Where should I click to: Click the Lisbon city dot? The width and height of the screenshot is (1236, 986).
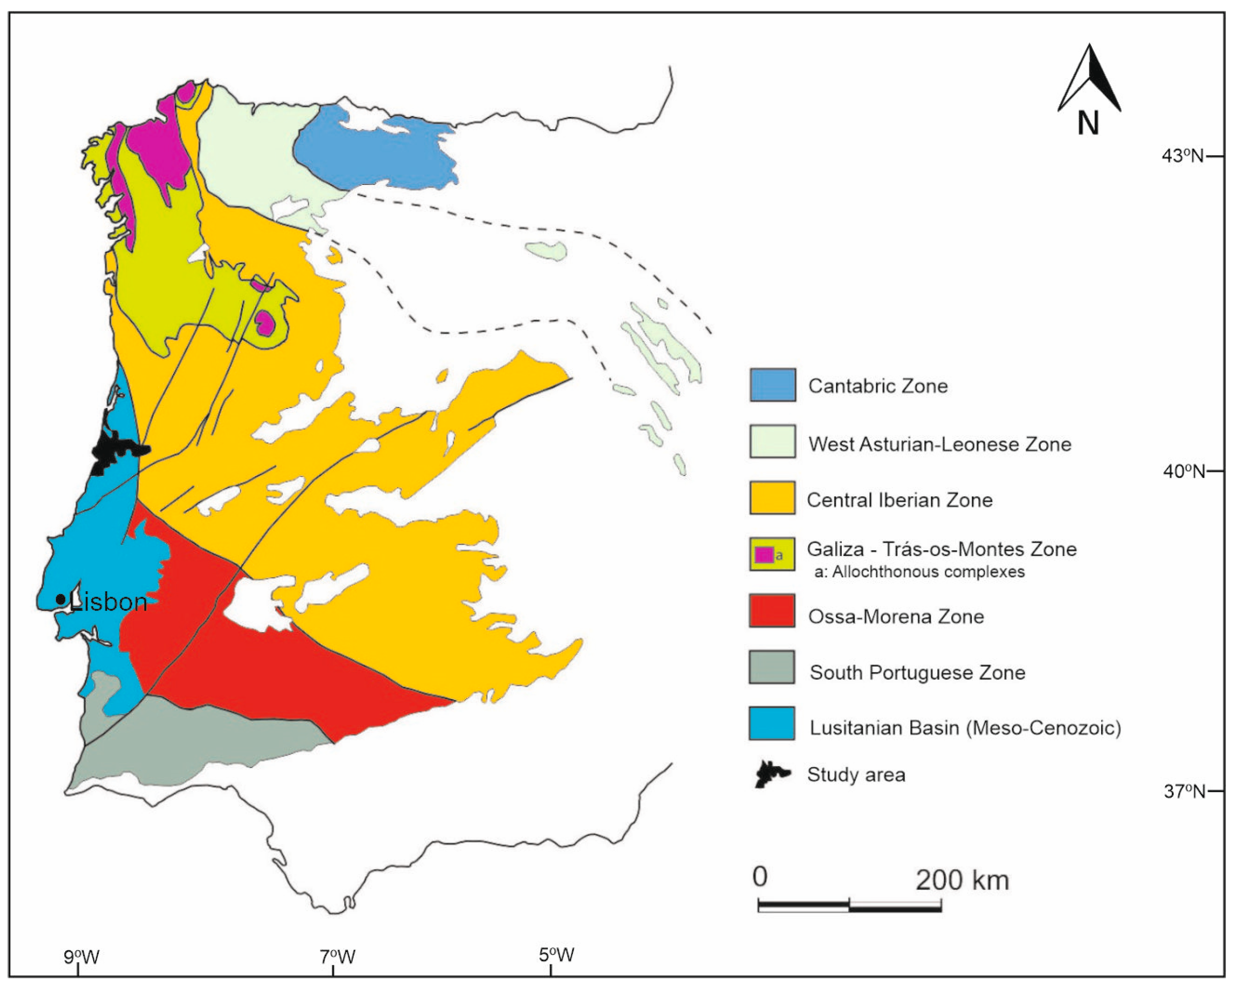[61, 599]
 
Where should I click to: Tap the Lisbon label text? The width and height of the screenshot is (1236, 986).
[108, 602]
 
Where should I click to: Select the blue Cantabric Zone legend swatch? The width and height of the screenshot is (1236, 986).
[772, 385]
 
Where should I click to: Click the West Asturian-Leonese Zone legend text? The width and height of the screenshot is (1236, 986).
[939, 444]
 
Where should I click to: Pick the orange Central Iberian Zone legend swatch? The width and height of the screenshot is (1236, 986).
[772, 498]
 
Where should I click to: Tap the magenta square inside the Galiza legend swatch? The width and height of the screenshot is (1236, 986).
[764, 555]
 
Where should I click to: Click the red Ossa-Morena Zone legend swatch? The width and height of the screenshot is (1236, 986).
[772, 611]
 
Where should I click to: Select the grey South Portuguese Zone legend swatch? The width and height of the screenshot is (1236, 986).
[772, 667]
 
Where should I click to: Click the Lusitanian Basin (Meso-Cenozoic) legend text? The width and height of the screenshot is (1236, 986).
[965, 728]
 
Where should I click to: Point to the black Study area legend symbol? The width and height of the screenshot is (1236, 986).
[772, 774]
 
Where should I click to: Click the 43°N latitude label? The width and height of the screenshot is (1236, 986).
[1182, 155]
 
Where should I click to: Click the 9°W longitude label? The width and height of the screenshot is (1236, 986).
[81, 956]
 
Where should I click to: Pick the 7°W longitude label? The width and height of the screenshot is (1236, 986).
[337, 956]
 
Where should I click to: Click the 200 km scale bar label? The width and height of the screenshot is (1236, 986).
[961, 880]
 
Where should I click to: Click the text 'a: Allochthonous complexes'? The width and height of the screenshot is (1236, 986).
[919, 572]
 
